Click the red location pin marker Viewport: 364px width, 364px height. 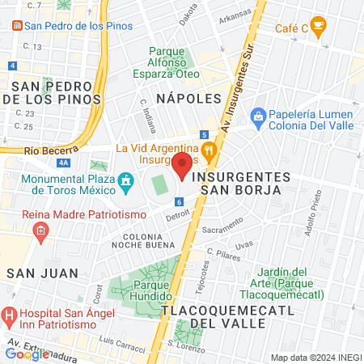click(183, 165)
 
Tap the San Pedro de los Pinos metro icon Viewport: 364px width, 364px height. click(17, 25)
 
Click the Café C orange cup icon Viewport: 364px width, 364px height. click(319, 28)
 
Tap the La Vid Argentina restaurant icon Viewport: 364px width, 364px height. click(209, 149)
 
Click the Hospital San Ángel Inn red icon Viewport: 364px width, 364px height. click(10, 314)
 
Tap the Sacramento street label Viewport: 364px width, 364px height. click(222, 230)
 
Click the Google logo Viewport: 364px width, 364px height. click(27, 353)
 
